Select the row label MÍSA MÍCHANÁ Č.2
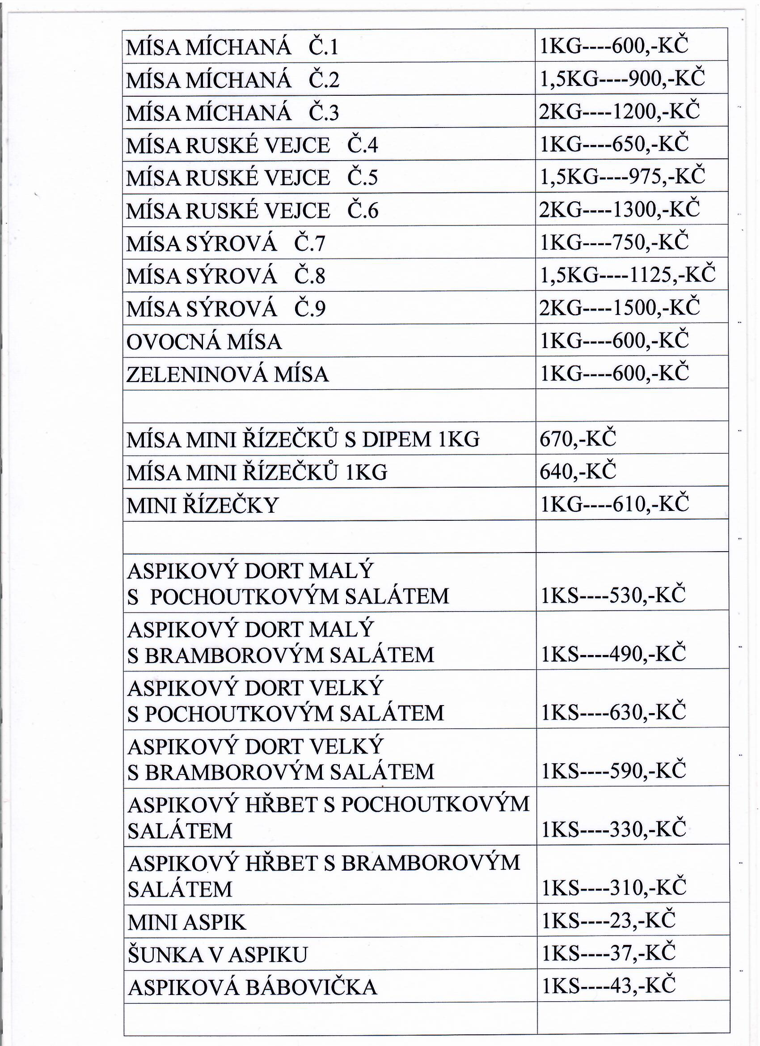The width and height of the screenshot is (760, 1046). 232,80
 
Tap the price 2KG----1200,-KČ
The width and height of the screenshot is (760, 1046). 619,111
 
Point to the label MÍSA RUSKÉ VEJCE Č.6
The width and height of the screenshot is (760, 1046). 252,211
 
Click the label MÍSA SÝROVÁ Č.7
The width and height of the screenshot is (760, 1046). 225,243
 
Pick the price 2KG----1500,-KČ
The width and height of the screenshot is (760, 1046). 619,308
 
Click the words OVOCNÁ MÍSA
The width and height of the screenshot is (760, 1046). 204,342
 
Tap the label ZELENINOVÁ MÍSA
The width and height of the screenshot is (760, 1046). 227,374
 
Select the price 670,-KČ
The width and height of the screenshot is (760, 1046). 578,439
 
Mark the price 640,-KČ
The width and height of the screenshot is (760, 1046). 578,472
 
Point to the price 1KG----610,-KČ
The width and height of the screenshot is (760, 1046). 614,504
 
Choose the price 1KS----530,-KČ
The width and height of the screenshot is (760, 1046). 613,595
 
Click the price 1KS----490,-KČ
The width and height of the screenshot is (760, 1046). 613,654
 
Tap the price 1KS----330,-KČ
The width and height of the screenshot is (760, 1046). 613,829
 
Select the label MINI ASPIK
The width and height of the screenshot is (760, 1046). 187,922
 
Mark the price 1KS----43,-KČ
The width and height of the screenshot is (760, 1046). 608,986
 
